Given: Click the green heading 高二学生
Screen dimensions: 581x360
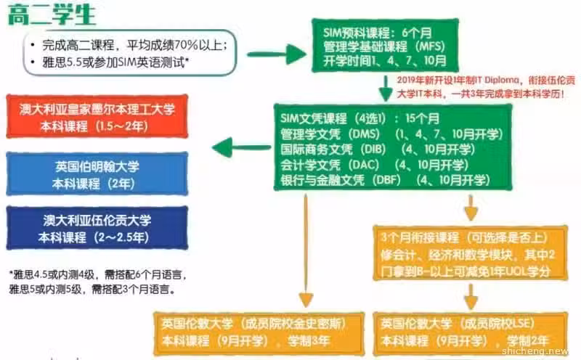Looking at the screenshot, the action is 52,14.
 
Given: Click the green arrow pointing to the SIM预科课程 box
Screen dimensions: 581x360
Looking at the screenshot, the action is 277,54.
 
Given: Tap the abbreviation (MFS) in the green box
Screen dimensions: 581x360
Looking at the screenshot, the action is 430,46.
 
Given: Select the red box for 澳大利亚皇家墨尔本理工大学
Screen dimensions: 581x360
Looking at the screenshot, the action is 97,117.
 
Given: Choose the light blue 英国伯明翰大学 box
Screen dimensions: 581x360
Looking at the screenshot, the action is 97,174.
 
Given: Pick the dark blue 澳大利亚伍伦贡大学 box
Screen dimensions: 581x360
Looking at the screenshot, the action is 97,228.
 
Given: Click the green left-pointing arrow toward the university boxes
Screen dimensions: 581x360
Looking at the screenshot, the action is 242,147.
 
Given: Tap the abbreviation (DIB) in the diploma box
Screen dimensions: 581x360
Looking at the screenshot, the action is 373,149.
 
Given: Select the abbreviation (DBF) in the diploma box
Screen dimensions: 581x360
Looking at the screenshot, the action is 387,180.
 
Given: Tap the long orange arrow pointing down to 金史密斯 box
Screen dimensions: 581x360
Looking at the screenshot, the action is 306,250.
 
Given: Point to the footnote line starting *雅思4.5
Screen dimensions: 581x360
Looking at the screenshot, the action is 98,274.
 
